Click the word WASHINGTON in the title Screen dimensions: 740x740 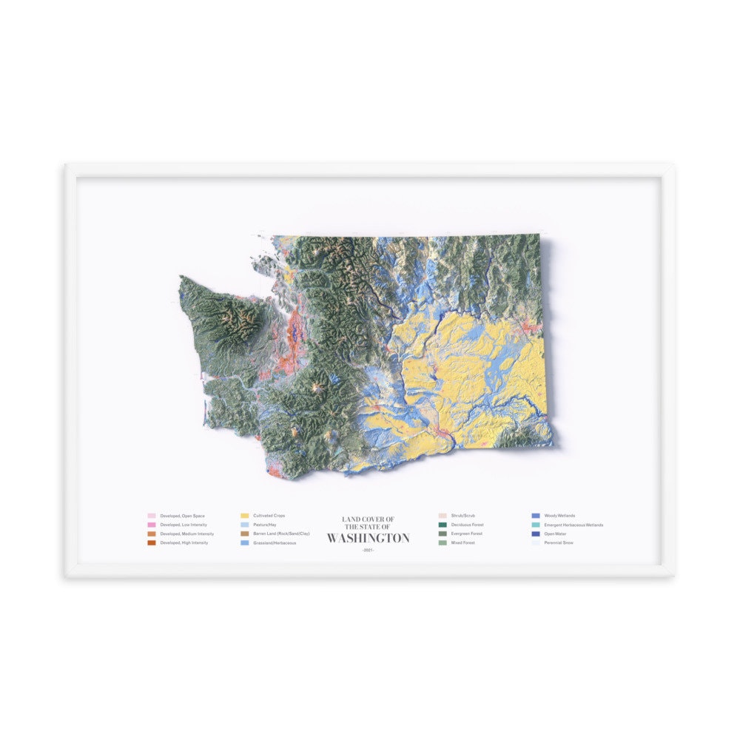coord(368,538)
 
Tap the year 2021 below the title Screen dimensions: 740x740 coord(368,549)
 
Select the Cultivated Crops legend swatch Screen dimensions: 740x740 coord(245,516)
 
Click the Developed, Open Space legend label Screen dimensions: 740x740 coord(182,516)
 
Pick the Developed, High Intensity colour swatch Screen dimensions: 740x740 coord(152,543)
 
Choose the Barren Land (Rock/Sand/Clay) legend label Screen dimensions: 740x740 coord(281,534)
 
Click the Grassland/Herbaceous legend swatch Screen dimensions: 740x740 coord(245,543)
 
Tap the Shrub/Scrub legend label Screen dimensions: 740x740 coord(462,516)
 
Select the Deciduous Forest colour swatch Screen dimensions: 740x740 coord(443,525)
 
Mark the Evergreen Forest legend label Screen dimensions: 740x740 coord(467,534)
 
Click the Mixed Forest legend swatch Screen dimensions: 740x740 coord(443,543)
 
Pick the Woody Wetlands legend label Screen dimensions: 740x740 coord(559,516)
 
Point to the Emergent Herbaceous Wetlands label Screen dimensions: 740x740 coord(573,525)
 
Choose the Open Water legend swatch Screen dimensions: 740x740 coord(536,534)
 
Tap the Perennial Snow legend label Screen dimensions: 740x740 coord(558,543)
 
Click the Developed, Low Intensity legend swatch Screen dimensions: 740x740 coord(152,525)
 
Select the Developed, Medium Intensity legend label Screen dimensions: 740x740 coord(187,534)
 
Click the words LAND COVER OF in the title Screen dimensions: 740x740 coord(368,519)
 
